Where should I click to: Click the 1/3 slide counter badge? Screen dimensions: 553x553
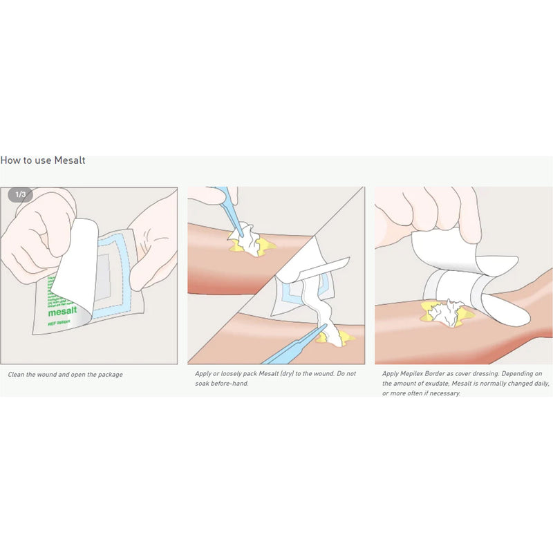20,194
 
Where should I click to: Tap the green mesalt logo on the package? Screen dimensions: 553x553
62,312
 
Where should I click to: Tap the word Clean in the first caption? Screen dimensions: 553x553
17,374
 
